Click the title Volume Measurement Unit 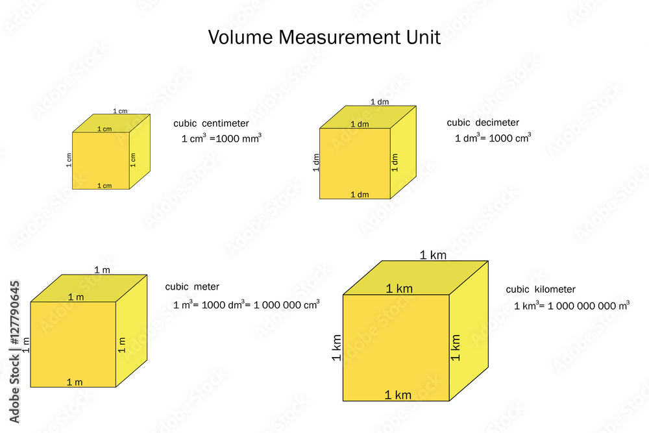[324, 37]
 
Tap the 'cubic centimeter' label [211, 123]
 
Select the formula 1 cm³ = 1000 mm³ [221, 138]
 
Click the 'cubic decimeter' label [483, 123]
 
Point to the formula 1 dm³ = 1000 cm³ [493, 138]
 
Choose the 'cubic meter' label [192, 287]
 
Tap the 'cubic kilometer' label [541, 290]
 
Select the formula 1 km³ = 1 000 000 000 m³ [571, 306]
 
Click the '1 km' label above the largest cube [433, 255]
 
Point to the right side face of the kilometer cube [469, 331]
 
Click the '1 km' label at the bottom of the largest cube [398, 395]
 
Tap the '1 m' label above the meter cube [102, 269]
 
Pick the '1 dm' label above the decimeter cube [379, 102]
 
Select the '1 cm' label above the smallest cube [120, 111]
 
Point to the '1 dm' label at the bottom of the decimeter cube [360, 195]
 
